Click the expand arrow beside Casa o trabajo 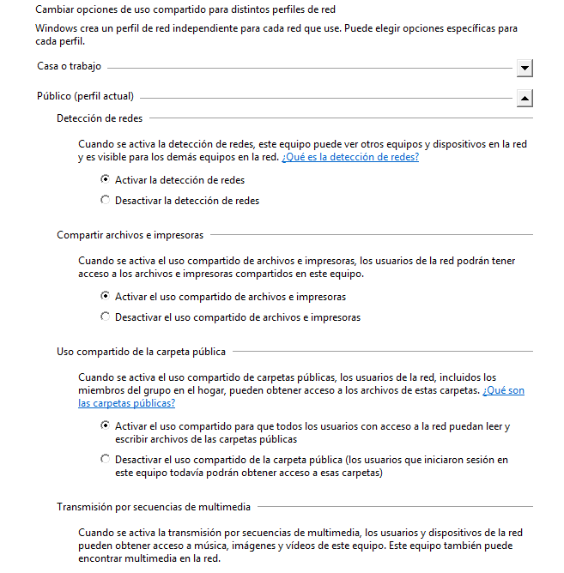click(525, 68)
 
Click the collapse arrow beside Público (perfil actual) click(525, 99)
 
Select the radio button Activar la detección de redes click(106, 180)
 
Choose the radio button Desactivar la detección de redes click(106, 201)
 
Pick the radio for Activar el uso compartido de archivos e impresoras click(106, 297)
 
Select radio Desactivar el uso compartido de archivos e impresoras click(106, 317)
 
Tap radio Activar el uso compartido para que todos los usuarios click(106, 425)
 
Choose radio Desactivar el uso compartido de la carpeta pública click(106, 460)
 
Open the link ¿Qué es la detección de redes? click(349, 158)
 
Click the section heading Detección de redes click(100, 118)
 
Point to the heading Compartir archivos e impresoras click(130, 235)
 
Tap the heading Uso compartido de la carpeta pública click(142, 352)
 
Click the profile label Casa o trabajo click(69, 66)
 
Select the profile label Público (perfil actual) click(85, 97)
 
